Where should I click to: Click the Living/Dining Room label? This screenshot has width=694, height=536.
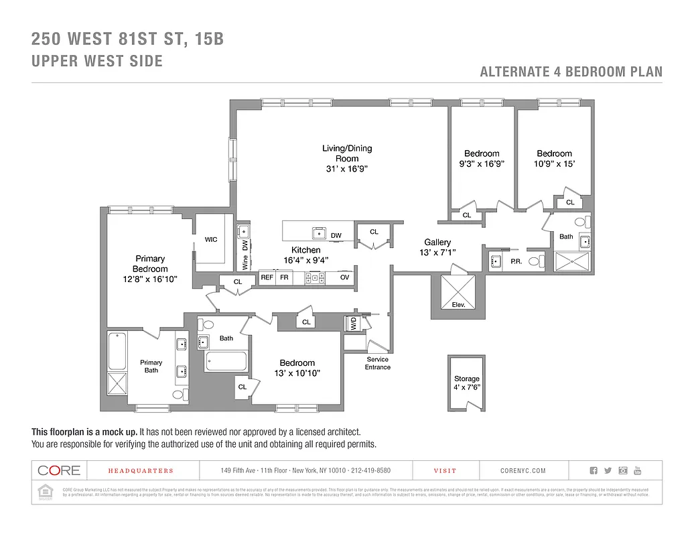(x=347, y=153)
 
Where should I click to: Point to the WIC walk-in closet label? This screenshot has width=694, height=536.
(x=211, y=239)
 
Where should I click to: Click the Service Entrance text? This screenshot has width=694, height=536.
(x=378, y=363)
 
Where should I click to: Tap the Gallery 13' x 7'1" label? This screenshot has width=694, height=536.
(x=437, y=247)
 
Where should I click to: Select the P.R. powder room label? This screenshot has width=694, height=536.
(x=516, y=261)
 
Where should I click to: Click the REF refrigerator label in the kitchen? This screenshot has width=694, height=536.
(x=267, y=277)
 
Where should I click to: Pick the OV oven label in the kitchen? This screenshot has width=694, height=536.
(x=344, y=277)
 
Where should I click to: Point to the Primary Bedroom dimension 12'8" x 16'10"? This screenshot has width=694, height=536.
(x=150, y=279)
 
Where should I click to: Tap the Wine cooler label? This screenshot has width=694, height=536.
(x=245, y=261)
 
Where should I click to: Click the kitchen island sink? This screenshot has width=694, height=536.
(x=319, y=233)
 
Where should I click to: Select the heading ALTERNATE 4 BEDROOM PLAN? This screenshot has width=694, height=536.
(x=571, y=72)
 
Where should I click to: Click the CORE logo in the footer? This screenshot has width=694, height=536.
(x=59, y=470)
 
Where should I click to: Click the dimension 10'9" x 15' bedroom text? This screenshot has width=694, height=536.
(x=554, y=163)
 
